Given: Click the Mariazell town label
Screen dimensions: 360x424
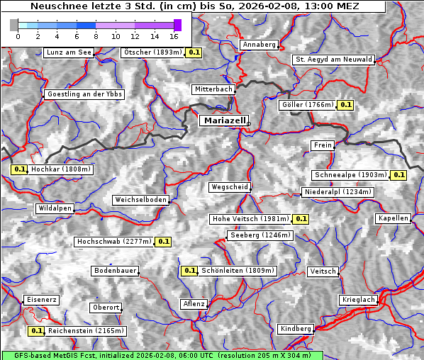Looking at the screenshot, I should (224, 120).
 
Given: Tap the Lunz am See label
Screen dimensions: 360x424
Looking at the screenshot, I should (69, 52).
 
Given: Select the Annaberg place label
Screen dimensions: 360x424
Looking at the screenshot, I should (260, 45).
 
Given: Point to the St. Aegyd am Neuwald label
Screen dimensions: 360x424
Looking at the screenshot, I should (333, 60).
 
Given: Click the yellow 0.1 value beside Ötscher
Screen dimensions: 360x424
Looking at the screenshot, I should (194, 52).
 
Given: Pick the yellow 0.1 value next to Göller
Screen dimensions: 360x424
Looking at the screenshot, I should (345, 105).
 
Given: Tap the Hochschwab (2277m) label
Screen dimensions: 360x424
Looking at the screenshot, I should (114, 242).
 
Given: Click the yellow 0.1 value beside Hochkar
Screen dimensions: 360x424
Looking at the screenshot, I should (19, 170).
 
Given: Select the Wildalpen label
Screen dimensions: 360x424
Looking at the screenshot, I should (55, 208).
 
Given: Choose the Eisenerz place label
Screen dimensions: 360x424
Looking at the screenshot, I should (41, 300).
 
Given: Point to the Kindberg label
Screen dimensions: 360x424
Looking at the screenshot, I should (296, 329).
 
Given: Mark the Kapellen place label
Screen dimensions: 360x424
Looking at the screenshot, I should (394, 218).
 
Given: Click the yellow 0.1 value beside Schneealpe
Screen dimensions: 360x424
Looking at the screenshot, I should (398, 175).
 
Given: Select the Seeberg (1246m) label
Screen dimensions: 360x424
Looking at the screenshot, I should (260, 235).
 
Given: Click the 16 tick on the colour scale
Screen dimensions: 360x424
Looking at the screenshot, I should (174, 35).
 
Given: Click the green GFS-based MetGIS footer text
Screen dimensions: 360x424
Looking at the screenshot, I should (162, 355).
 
